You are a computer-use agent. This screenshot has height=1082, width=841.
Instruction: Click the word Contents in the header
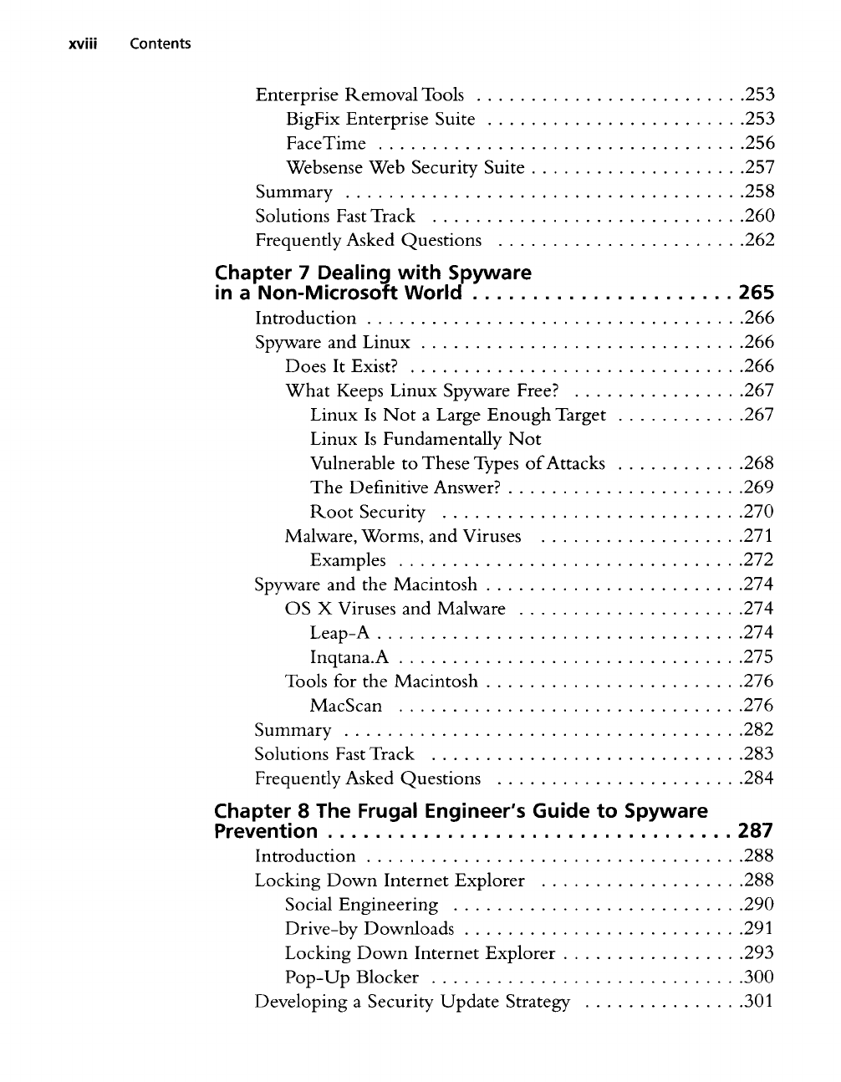coord(160,43)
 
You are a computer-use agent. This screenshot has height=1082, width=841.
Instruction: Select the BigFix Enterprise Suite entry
coord(380,120)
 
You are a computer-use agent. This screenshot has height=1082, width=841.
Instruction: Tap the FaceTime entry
coord(326,144)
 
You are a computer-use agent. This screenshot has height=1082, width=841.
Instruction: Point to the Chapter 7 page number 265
coord(757,293)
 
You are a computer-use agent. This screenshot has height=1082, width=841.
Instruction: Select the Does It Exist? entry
coord(341,366)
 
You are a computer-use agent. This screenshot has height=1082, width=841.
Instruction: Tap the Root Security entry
coord(368,512)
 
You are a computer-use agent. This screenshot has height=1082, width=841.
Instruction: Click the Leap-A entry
coord(339,633)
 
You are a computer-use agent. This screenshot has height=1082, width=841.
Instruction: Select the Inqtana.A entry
coord(349,657)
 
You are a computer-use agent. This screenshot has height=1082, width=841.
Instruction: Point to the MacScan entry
coord(346,706)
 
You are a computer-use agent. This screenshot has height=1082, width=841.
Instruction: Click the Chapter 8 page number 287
coord(757,831)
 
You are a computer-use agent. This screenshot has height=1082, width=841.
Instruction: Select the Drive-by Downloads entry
coord(370,929)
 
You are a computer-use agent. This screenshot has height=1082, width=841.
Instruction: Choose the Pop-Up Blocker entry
coord(352,977)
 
